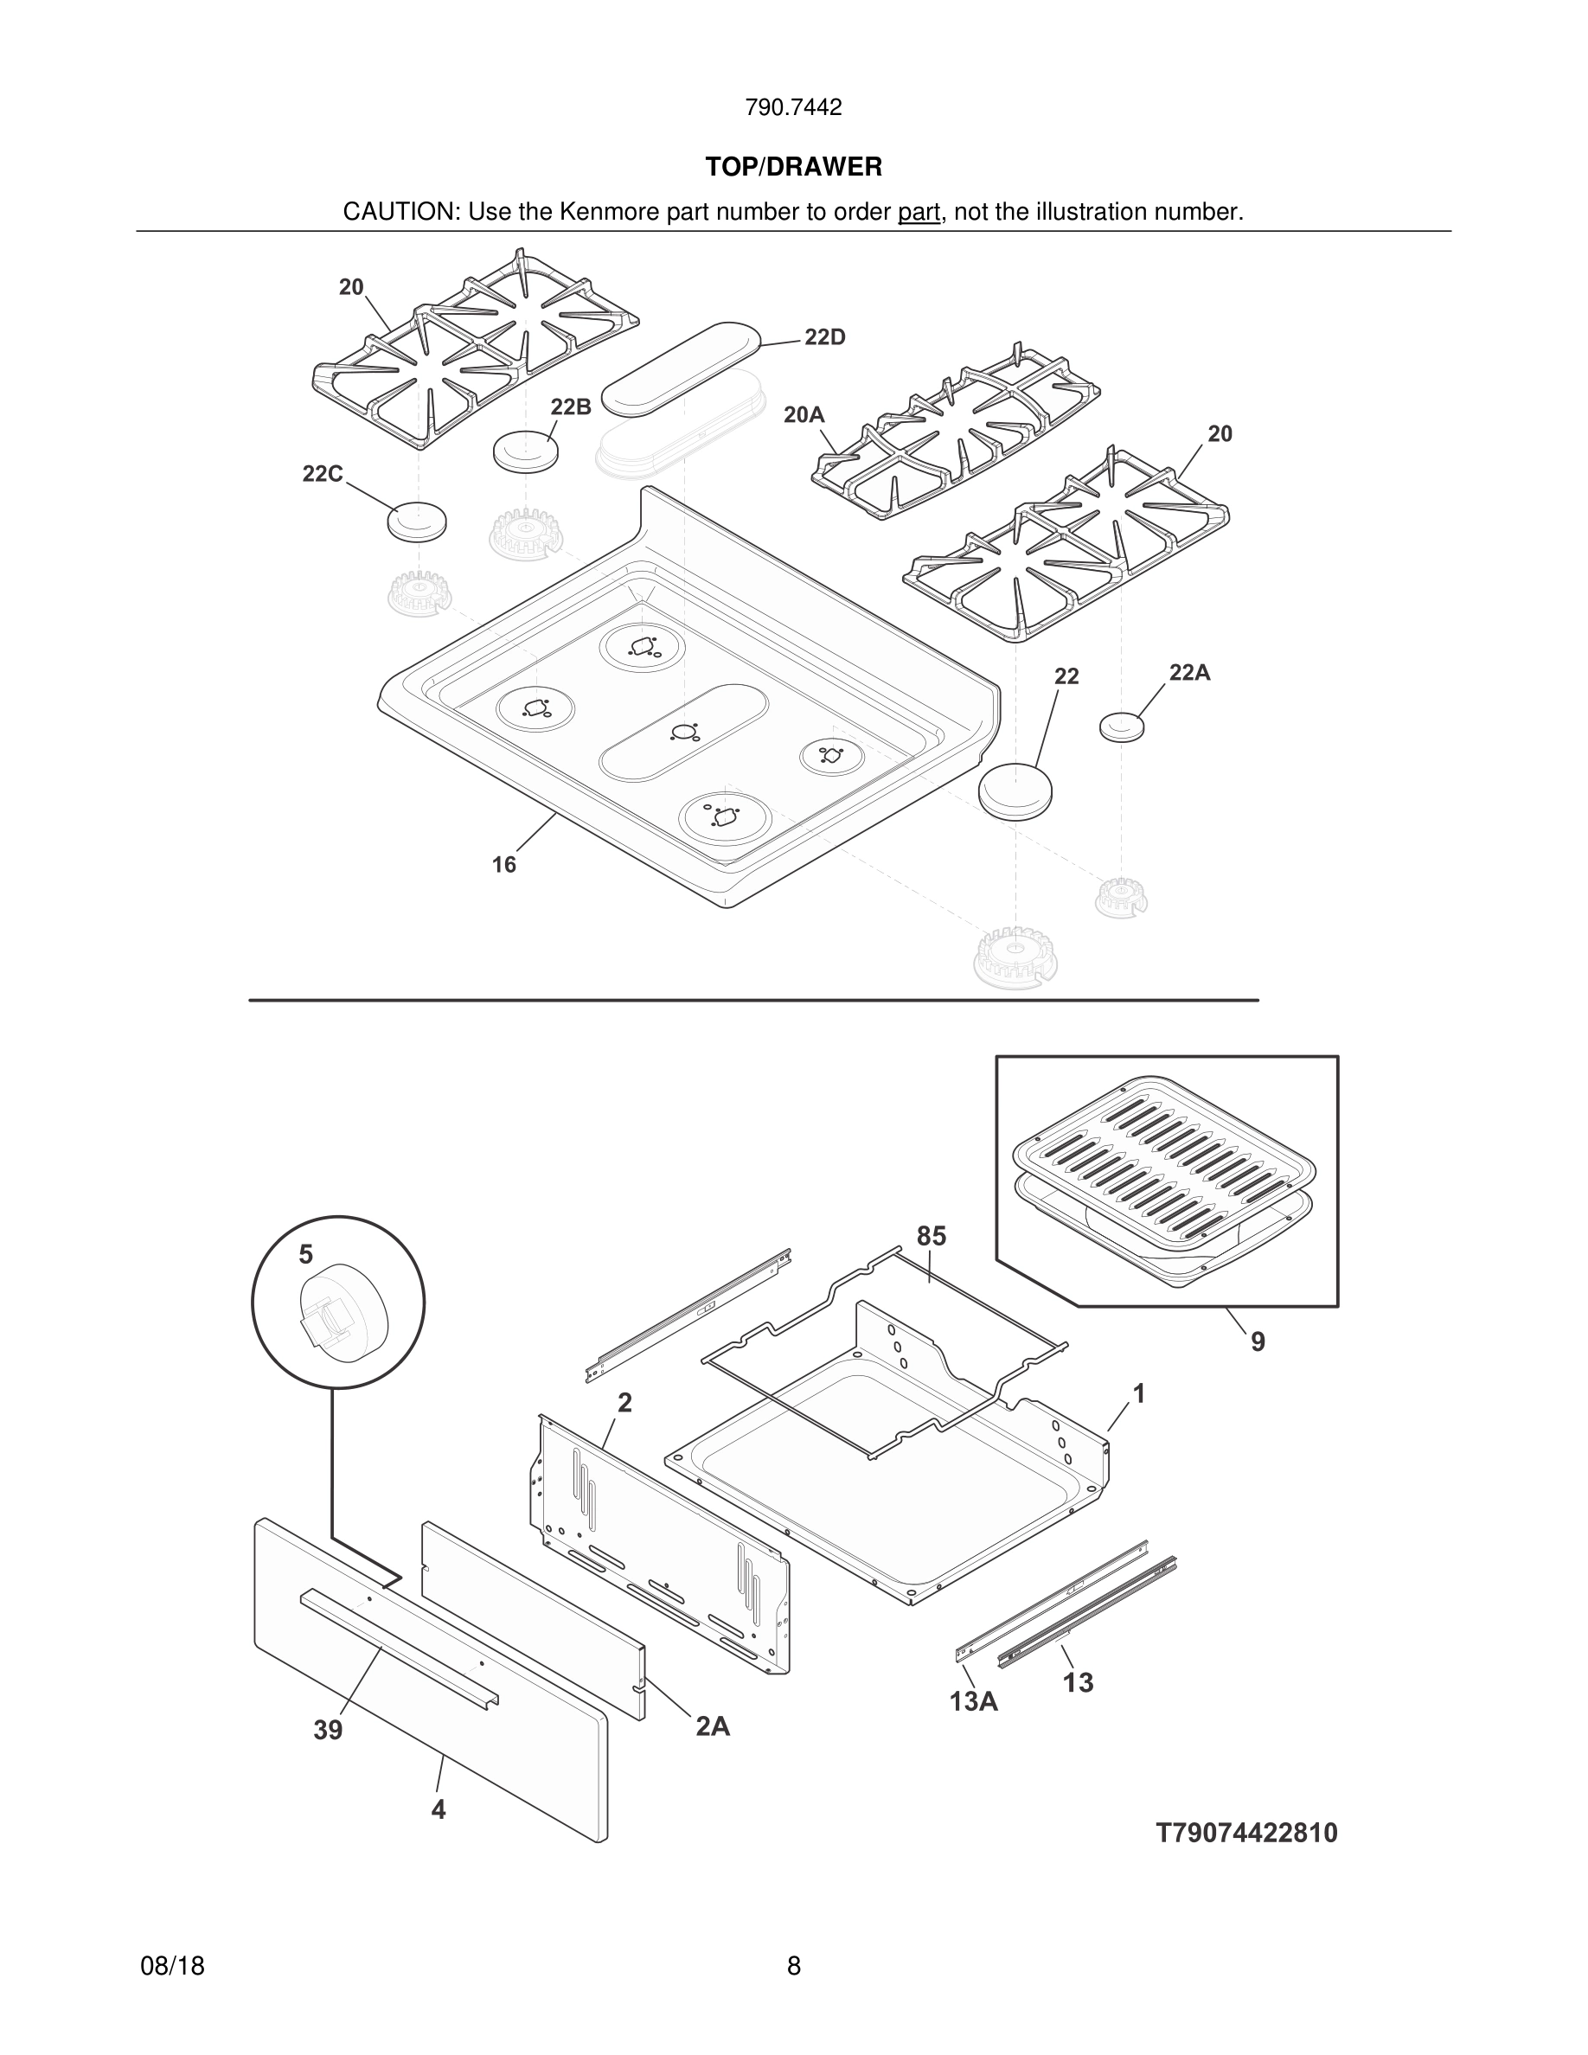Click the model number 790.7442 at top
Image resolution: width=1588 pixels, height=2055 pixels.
pyautogui.click(x=793, y=107)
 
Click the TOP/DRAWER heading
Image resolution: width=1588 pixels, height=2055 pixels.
pyautogui.click(x=793, y=167)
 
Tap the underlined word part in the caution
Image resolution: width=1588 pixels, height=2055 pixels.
pyautogui.click(x=919, y=212)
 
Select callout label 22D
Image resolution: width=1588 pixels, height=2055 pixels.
pyautogui.click(x=825, y=336)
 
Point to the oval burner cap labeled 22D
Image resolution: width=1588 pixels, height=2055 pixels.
pyautogui.click(x=681, y=368)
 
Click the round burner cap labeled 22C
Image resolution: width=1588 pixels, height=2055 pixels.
pyautogui.click(x=417, y=521)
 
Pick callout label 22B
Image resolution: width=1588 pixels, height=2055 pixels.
pyautogui.click(x=570, y=407)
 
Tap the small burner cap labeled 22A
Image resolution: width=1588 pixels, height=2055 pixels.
pyautogui.click(x=1122, y=727)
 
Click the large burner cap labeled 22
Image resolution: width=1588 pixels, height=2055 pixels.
pyautogui.click(x=1015, y=790)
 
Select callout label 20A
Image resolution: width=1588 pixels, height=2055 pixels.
pyautogui.click(x=804, y=414)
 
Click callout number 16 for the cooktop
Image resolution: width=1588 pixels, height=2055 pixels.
pyautogui.click(x=504, y=864)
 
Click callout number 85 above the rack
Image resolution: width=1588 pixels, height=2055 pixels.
pyautogui.click(x=931, y=1235)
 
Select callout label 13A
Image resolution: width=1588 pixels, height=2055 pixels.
pyautogui.click(x=974, y=1701)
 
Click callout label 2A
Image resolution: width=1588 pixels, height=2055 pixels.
pyautogui.click(x=712, y=1725)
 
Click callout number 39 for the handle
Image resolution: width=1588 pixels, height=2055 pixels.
pyautogui.click(x=328, y=1730)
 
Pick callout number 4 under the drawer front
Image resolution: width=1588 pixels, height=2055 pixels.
pyautogui.click(x=439, y=1809)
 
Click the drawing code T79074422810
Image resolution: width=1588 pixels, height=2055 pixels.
pyautogui.click(x=1246, y=1833)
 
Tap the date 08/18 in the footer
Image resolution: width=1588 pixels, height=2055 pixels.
pyautogui.click(x=172, y=1966)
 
